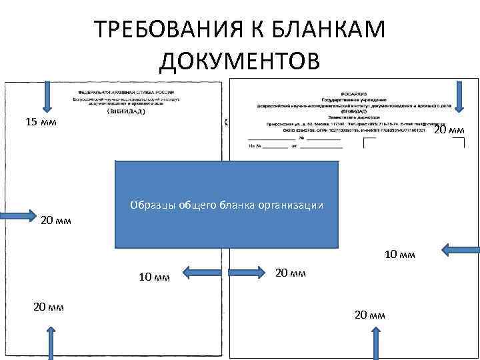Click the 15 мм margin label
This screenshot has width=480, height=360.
(x=41, y=122)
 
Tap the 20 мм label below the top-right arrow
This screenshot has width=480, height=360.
(x=449, y=130)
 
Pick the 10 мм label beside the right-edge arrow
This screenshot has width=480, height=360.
(x=401, y=255)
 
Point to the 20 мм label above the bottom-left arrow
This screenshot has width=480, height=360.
(x=48, y=307)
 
